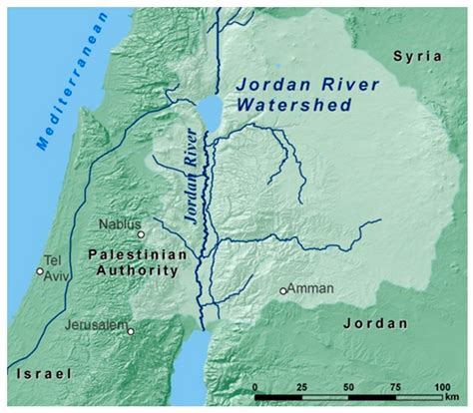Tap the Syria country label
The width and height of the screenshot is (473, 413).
coord(420,57)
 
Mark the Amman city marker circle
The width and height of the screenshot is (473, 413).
coord(283,291)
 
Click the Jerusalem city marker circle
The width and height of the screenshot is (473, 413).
coord(131,331)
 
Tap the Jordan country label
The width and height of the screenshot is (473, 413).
coord(375,323)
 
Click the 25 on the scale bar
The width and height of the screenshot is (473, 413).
coord(301,385)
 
